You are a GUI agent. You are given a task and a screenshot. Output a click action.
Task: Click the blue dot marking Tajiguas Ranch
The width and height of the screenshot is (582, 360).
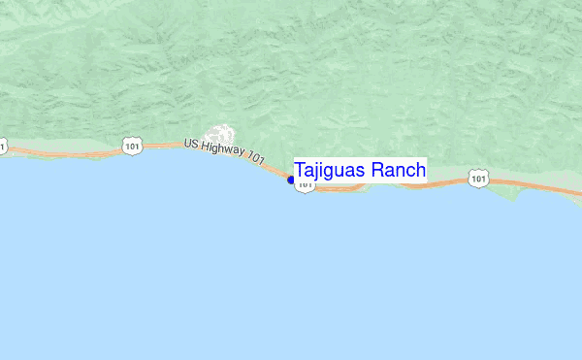[x=291, y=180]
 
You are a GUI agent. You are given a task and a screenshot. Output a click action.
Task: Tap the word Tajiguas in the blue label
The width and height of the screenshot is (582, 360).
[x=330, y=171]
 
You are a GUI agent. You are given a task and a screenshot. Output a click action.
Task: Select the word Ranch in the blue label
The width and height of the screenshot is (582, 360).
[x=398, y=171]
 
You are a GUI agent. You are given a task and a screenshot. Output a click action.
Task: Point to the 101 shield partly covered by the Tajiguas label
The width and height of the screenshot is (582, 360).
[x=305, y=185]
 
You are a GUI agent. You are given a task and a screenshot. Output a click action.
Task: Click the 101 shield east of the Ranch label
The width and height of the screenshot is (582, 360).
[x=477, y=178]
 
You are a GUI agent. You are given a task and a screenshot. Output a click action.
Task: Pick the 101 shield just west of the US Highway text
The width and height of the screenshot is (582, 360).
[x=131, y=146]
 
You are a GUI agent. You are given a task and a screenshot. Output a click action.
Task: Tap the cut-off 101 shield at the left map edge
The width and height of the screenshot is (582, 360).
[x=2, y=147]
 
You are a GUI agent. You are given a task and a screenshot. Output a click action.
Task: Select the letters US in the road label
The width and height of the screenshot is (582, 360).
[x=192, y=144]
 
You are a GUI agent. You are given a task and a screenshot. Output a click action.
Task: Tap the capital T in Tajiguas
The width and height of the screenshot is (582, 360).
[x=301, y=171]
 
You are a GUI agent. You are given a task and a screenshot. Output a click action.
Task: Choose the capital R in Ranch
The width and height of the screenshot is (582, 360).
[x=377, y=171]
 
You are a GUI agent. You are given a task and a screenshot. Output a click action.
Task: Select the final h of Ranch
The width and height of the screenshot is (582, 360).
[x=420, y=171]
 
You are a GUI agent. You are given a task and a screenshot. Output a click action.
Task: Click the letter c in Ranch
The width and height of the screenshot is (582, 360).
[x=410, y=172]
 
